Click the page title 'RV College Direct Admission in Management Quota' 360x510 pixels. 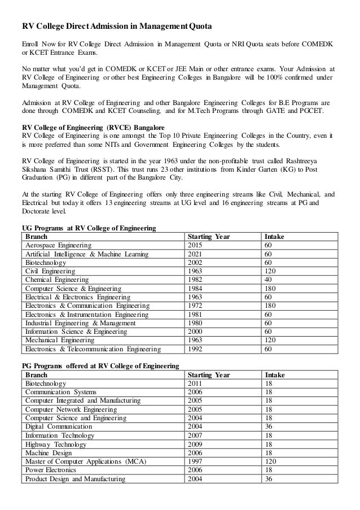(x=117, y=25)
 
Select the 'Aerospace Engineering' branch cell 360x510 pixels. (x=58, y=246)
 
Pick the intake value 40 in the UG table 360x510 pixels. (x=268, y=280)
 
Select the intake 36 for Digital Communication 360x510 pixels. (x=268, y=427)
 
